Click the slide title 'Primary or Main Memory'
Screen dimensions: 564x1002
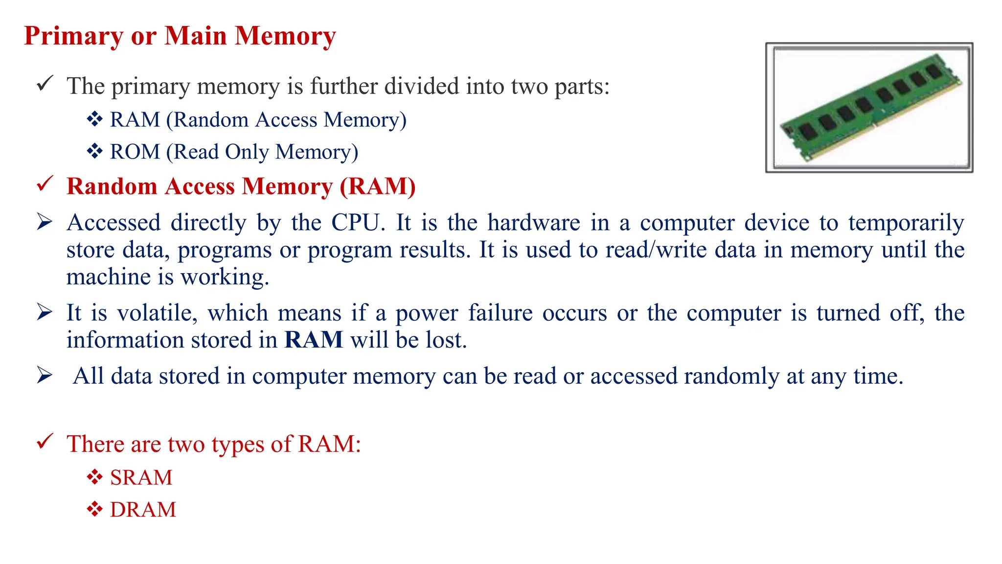tap(180, 36)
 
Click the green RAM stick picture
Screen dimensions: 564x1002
tap(869, 108)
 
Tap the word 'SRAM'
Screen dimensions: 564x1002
tap(141, 477)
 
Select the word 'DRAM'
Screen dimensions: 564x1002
tap(143, 510)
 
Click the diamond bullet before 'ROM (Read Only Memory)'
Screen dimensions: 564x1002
tap(94, 151)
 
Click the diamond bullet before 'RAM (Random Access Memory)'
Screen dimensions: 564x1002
tap(94, 119)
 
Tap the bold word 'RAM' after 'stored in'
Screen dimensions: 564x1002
tap(314, 340)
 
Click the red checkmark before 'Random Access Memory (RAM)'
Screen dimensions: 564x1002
tap(45, 185)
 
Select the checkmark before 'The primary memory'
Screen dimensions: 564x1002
tap(45, 84)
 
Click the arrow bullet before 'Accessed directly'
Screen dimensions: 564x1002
tap(45, 223)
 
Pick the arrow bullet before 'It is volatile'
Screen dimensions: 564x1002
tap(45, 312)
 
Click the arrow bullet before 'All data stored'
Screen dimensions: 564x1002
tap(45, 376)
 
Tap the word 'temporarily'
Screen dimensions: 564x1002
tap(906, 223)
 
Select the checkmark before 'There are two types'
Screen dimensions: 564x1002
tap(45, 442)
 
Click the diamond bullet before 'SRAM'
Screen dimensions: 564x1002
tap(94, 477)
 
